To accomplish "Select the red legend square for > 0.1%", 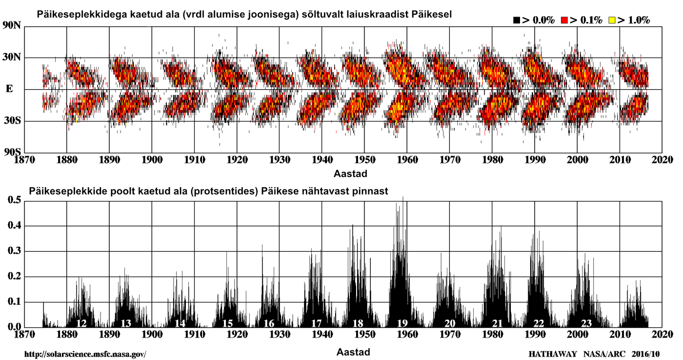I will coord(564,20).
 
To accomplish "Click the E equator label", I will coord(9,89).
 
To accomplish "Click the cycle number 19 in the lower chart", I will coord(402,323).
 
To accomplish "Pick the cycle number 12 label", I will coord(81,323).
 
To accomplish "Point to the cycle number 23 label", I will coord(586,323).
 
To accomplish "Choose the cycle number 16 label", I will coord(269,323).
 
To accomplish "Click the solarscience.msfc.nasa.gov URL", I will coord(84,353).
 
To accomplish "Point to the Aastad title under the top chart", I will coord(350,173).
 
